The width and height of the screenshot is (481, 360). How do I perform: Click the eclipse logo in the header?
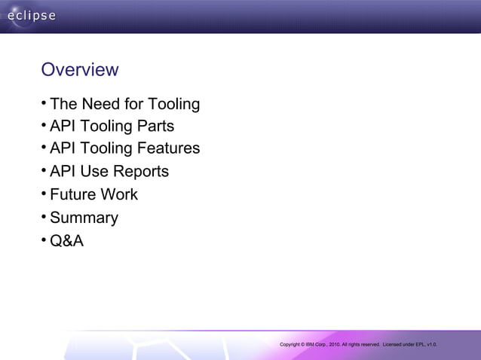(x=29, y=17)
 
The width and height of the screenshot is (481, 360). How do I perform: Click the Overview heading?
(x=80, y=70)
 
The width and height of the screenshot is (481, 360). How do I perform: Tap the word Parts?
(x=155, y=126)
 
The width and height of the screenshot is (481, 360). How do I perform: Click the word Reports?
(x=139, y=172)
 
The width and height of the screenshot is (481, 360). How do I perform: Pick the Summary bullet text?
(x=84, y=218)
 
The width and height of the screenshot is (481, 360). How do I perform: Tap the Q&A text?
(x=67, y=242)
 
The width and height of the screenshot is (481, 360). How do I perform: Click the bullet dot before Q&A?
(x=44, y=240)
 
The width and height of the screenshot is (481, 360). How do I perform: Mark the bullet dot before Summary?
(x=44, y=217)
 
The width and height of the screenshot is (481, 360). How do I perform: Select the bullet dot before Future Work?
(x=44, y=193)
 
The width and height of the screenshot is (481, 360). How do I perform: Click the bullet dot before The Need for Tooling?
(x=44, y=102)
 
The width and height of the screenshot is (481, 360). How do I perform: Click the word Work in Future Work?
(x=121, y=194)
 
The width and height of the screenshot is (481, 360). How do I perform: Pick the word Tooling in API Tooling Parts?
(x=105, y=126)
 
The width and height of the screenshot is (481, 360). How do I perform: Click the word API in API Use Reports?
(x=64, y=172)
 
